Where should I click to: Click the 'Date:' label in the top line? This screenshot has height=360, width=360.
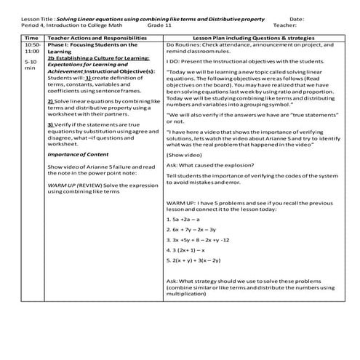click(297, 17)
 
